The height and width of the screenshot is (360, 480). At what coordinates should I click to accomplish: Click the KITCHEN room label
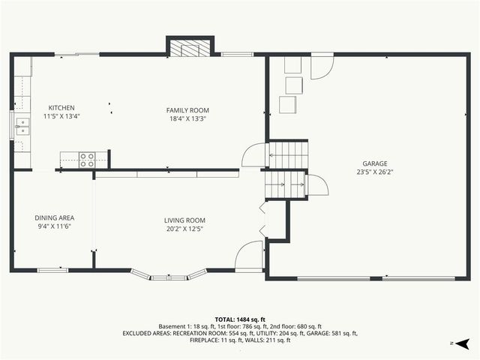61,108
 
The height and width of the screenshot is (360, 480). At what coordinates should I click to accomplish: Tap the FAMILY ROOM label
187,110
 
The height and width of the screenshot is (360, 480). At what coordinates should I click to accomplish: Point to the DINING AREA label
54,217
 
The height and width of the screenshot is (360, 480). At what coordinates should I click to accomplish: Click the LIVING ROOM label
184,220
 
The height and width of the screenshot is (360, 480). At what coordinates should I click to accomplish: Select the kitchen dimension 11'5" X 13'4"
61,116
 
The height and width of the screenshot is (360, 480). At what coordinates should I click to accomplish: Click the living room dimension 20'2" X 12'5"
184,229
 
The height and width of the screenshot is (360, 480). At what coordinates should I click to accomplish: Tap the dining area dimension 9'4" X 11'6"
54,226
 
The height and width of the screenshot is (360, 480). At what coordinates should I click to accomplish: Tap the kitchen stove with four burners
87,159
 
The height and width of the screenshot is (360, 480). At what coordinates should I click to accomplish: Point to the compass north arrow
464,343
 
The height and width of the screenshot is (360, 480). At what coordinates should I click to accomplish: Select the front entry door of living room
248,257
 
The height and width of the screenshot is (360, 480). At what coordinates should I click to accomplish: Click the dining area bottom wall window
52,270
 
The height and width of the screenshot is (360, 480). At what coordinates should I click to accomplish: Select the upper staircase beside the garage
288,155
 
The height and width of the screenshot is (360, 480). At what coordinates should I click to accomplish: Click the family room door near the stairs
253,155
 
